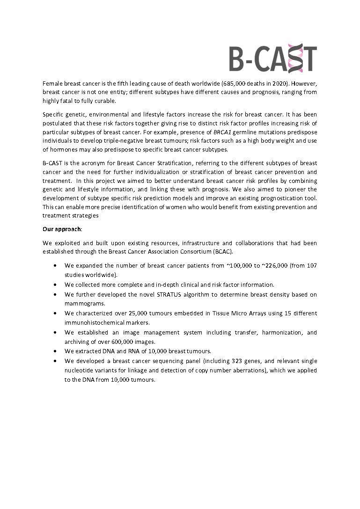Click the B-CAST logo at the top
tap(273, 58)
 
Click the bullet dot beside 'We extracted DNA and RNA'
tap(56, 351)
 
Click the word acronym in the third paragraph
tap(90, 163)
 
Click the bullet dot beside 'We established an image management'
tap(56, 332)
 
